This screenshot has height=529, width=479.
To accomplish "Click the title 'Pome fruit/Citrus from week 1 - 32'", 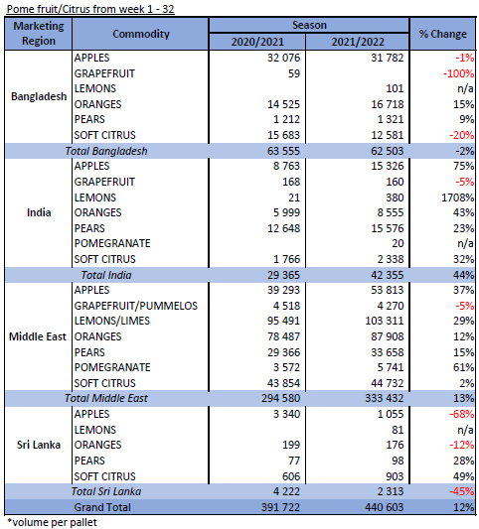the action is click(x=90, y=9).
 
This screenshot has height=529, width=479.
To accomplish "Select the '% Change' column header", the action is click(x=442, y=34).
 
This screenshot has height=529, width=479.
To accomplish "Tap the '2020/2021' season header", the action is click(x=257, y=42).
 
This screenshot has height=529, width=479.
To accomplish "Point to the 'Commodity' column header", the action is click(x=141, y=34).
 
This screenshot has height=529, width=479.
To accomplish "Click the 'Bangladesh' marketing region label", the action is click(x=39, y=96).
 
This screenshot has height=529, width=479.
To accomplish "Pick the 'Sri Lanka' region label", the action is click(x=39, y=445).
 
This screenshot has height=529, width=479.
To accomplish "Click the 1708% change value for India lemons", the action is click(x=457, y=198).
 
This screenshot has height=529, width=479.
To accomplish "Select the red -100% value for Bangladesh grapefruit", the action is click(x=458, y=73).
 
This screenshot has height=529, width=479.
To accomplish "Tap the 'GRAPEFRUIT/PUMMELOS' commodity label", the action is click(x=136, y=306).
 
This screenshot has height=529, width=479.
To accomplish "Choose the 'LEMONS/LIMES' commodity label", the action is click(x=112, y=321).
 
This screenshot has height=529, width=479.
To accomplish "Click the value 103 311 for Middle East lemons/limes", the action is click(x=384, y=321).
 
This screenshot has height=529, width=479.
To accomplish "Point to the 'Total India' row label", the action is click(x=106, y=275).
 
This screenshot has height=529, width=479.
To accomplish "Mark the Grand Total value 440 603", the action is click(x=384, y=507).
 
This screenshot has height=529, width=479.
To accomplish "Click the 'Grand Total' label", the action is click(x=102, y=507).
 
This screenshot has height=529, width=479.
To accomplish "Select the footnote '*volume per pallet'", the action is click(x=52, y=522).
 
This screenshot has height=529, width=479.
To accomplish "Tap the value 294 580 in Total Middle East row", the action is click(x=280, y=398).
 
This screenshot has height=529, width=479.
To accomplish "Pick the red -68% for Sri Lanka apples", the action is click(x=461, y=414).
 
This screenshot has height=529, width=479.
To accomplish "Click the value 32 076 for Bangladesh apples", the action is click(x=283, y=58).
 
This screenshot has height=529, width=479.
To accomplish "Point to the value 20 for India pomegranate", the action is click(x=398, y=243).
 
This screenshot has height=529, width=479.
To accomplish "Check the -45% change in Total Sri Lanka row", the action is click(x=461, y=491).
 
